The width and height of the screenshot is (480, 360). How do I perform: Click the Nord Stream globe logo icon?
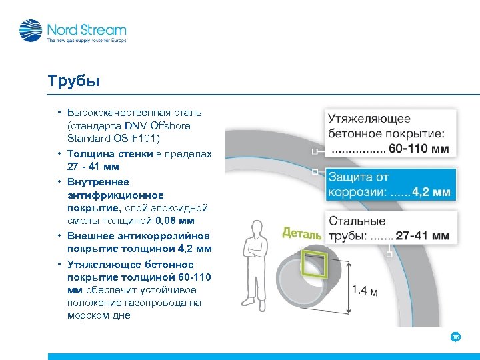pyautogui.click(x=30, y=31)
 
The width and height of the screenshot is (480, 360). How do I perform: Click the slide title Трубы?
pyautogui.click(x=73, y=81)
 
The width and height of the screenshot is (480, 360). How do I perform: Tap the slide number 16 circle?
pyautogui.click(x=455, y=337)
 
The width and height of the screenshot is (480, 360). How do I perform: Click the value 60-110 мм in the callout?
pyautogui.click(x=419, y=148)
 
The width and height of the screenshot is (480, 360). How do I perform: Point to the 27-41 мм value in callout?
pyautogui.click(x=422, y=236)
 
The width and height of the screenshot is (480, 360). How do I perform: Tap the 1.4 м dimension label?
pyautogui.click(x=365, y=291)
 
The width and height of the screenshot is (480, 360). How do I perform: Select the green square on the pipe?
pyautogui.click(x=314, y=263)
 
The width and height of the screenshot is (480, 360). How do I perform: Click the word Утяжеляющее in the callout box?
pyautogui.click(x=369, y=119)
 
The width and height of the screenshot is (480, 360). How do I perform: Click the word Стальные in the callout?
pyautogui.click(x=357, y=221)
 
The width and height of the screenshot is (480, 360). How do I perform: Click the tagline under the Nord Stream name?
pyautogui.click(x=85, y=41)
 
